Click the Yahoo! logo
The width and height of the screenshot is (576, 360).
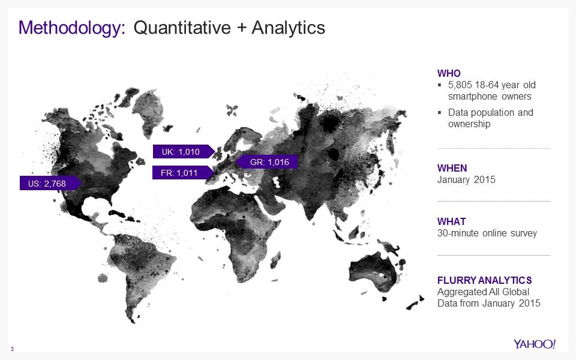tap(535, 344)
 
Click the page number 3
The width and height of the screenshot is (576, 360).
tap(13, 349)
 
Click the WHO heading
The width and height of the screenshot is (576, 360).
tap(449, 73)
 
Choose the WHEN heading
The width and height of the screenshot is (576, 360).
tap(452, 168)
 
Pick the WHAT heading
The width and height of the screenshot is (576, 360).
tap(452, 221)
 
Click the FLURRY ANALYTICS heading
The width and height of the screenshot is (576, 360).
tap(485, 280)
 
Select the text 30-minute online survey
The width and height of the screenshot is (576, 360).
tap(487, 233)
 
